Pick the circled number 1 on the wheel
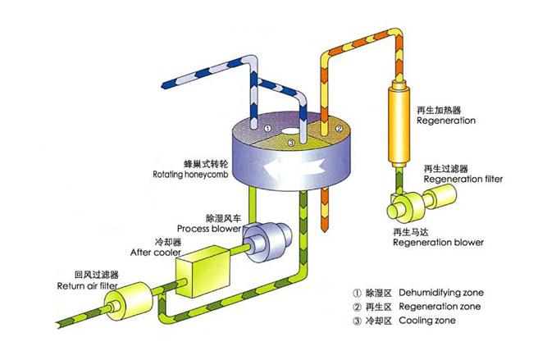tap(268, 130)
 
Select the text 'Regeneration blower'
tap(438, 242)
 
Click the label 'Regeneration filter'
tap(460, 177)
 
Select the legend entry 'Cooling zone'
tap(435, 323)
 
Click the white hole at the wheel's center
tap(292, 128)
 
